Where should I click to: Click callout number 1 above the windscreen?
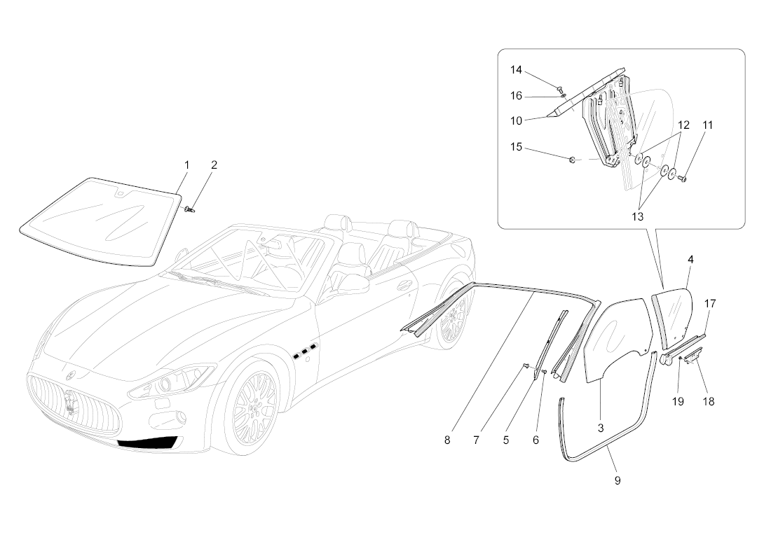(x=187, y=165)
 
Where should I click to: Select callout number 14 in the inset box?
(x=516, y=70)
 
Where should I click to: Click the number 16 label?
(x=516, y=96)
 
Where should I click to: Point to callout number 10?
(x=516, y=120)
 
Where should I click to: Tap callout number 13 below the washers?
(x=638, y=216)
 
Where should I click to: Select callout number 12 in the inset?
(x=683, y=125)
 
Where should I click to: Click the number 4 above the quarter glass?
(x=690, y=260)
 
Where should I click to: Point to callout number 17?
(x=709, y=304)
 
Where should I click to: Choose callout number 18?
(x=708, y=401)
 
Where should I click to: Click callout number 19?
(x=678, y=401)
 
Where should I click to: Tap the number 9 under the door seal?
(x=618, y=480)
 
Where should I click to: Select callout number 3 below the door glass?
(x=601, y=428)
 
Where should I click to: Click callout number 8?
(x=447, y=440)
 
